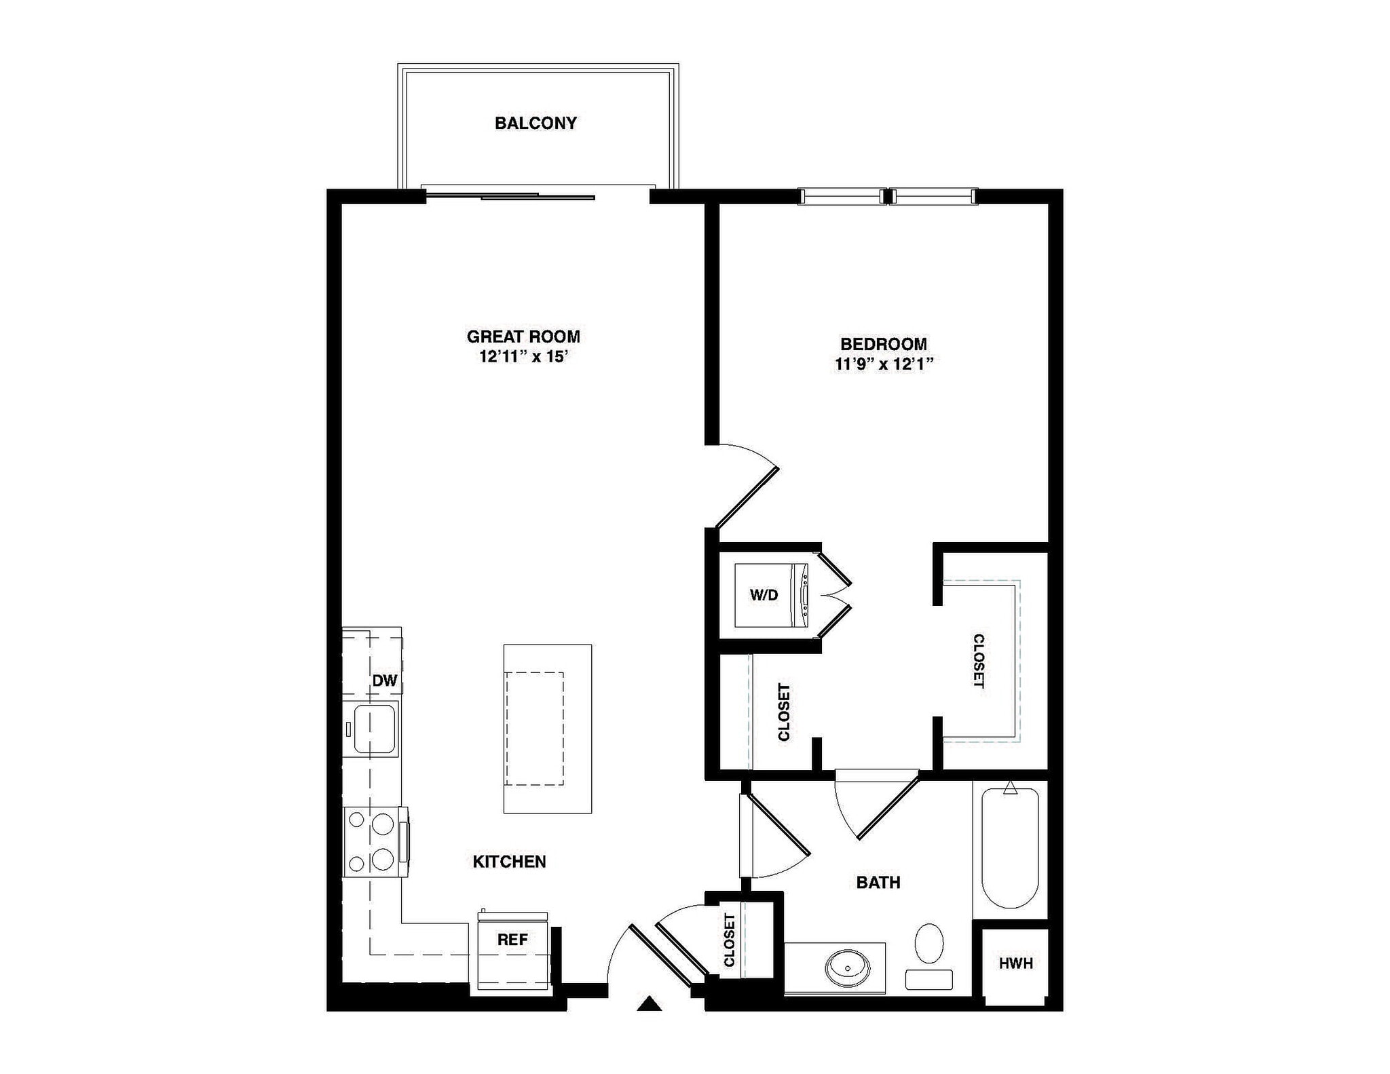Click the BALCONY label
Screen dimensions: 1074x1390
(x=536, y=123)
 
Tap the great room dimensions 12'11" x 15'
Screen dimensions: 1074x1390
(x=523, y=357)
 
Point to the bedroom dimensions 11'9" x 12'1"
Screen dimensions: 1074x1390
(x=884, y=364)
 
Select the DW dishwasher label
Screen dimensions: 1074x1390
(x=384, y=680)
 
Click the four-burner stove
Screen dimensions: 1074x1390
(x=374, y=842)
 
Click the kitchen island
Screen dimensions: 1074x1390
(x=547, y=729)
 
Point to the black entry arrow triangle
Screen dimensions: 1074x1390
(x=650, y=1003)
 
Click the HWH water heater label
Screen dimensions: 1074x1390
(x=1015, y=963)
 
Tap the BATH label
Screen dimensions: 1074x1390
(x=878, y=883)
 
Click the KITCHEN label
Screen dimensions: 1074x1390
(x=509, y=862)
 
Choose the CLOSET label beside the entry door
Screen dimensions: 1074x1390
(x=730, y=940)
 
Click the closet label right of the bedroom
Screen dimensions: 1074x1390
(x=978, y=661)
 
